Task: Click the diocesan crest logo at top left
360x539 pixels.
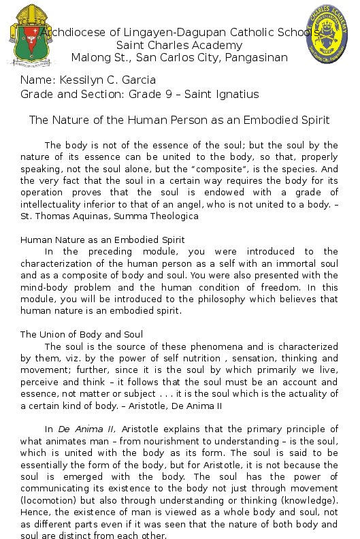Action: tap(32, 36)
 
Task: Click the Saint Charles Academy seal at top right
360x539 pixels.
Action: tap(331, 35)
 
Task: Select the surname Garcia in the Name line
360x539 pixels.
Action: tap(137, 80)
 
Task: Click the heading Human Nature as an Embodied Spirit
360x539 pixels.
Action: tap(103, 240)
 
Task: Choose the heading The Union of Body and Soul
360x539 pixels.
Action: tap(82, 334)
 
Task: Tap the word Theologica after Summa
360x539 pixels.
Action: tap(174, 216)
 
